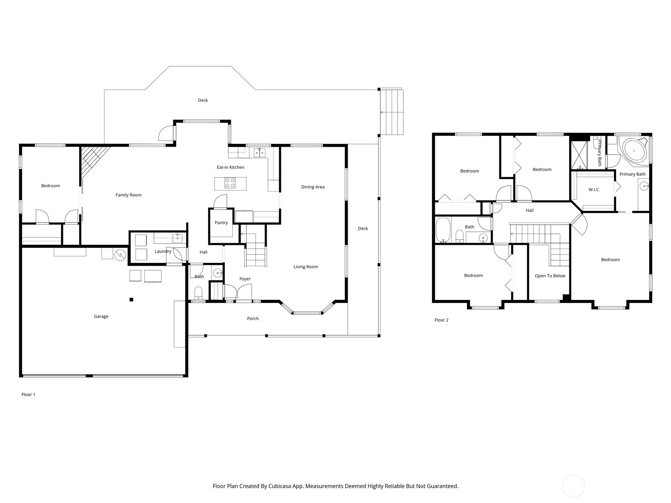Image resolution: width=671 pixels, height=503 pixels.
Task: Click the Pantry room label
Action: [x=221, y=223]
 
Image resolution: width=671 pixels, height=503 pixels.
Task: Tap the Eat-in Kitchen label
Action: [x=230, y=167]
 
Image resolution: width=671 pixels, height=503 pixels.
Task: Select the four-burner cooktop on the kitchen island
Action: [x=230, y=183]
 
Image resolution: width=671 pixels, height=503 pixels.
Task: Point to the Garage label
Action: [x=101, y=316]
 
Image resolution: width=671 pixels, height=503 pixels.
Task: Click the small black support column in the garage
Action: [x=131, y=299]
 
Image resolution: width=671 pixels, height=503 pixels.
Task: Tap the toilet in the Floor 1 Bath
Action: [x=199, y=292]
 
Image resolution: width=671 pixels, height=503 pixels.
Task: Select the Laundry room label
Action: [x=163, y=251]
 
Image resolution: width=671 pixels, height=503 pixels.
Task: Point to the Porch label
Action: [x=253, y=319]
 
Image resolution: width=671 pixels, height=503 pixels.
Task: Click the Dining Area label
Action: [x=313, y=187]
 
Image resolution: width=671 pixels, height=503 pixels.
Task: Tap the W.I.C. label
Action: [x=594, y=189]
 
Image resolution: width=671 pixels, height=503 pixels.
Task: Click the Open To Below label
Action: [x=550, y=276]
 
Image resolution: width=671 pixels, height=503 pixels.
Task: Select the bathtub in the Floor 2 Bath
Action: [x=443, y=230]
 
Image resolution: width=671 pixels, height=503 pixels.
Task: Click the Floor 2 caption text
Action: [x=441, y=320]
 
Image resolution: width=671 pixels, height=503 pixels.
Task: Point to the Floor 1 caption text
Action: [x=29, y=394]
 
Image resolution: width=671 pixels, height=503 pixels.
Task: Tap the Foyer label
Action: [x=245, y=279]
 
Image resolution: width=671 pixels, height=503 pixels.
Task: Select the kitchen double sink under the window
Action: [x=259, y=152]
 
